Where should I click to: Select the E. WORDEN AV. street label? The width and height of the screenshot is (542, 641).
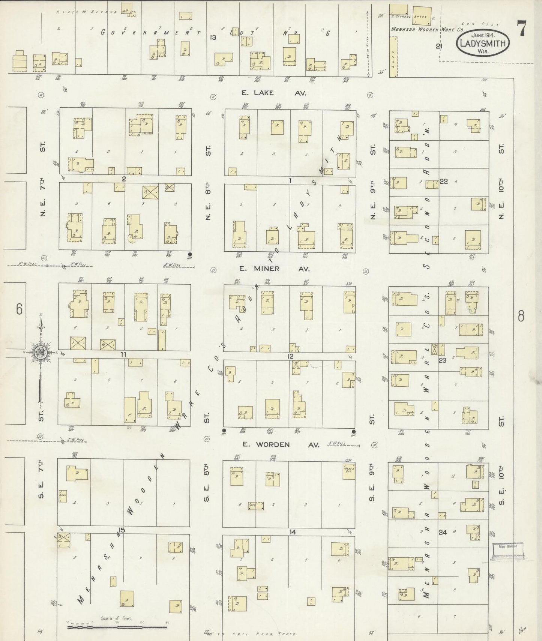(281, 445)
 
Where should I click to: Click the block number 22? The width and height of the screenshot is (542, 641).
(444, 182)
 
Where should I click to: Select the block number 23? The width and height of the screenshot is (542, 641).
(443, 360)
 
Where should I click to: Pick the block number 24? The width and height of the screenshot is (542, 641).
(443, 532)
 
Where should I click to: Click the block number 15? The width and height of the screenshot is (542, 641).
(121, 530)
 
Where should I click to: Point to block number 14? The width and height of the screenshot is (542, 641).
(293, 532)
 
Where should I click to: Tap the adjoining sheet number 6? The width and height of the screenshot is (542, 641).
(19, 309)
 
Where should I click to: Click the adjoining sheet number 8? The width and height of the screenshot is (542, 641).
(521, 317)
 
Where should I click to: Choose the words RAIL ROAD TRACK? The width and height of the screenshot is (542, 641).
(263, 634)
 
